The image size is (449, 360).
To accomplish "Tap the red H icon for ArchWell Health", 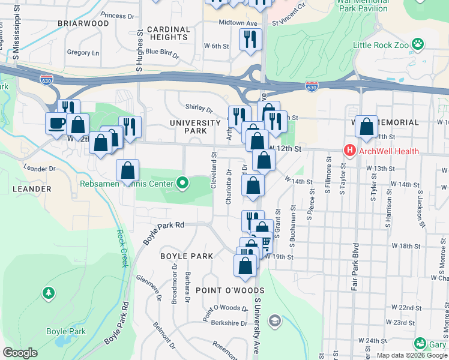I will (348, 150).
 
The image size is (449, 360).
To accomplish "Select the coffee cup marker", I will (57, 124).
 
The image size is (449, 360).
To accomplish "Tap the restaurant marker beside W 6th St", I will (250, 40).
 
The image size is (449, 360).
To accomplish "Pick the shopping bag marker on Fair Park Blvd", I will (366, 127).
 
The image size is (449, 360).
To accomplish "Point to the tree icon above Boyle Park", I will (47, 293).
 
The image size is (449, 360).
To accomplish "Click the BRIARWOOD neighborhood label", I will (83, 23).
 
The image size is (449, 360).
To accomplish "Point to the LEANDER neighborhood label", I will (31, 189).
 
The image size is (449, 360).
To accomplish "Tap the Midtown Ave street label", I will (238, 23).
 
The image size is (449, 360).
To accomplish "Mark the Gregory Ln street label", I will (83, 53).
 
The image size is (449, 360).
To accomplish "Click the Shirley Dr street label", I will (199, 109).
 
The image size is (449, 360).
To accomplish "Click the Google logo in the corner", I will (20, 353).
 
